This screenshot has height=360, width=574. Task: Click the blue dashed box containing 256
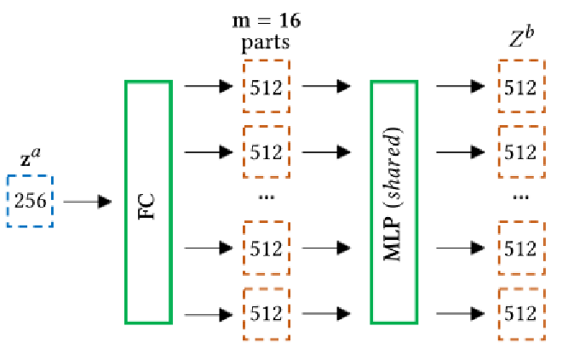pos(30,202)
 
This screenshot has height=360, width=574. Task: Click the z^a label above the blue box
pos(30,159)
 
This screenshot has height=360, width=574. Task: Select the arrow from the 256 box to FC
pos(88,202)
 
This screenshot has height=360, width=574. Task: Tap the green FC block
pos(148,202)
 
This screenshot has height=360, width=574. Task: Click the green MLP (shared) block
pos(394,202)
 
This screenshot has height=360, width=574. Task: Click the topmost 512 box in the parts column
pos(267,86)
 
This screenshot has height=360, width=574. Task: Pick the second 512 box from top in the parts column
pos(267,152)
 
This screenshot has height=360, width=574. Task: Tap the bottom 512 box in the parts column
pos(267,313)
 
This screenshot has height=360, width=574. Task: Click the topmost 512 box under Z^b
pos(521,86)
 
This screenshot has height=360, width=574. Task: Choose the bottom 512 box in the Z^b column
pos(521,313)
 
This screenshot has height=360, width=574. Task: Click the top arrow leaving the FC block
pos(208,86)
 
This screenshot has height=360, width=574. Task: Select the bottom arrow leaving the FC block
pos(208,313)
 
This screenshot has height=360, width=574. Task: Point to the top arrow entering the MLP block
pos(326,86)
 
